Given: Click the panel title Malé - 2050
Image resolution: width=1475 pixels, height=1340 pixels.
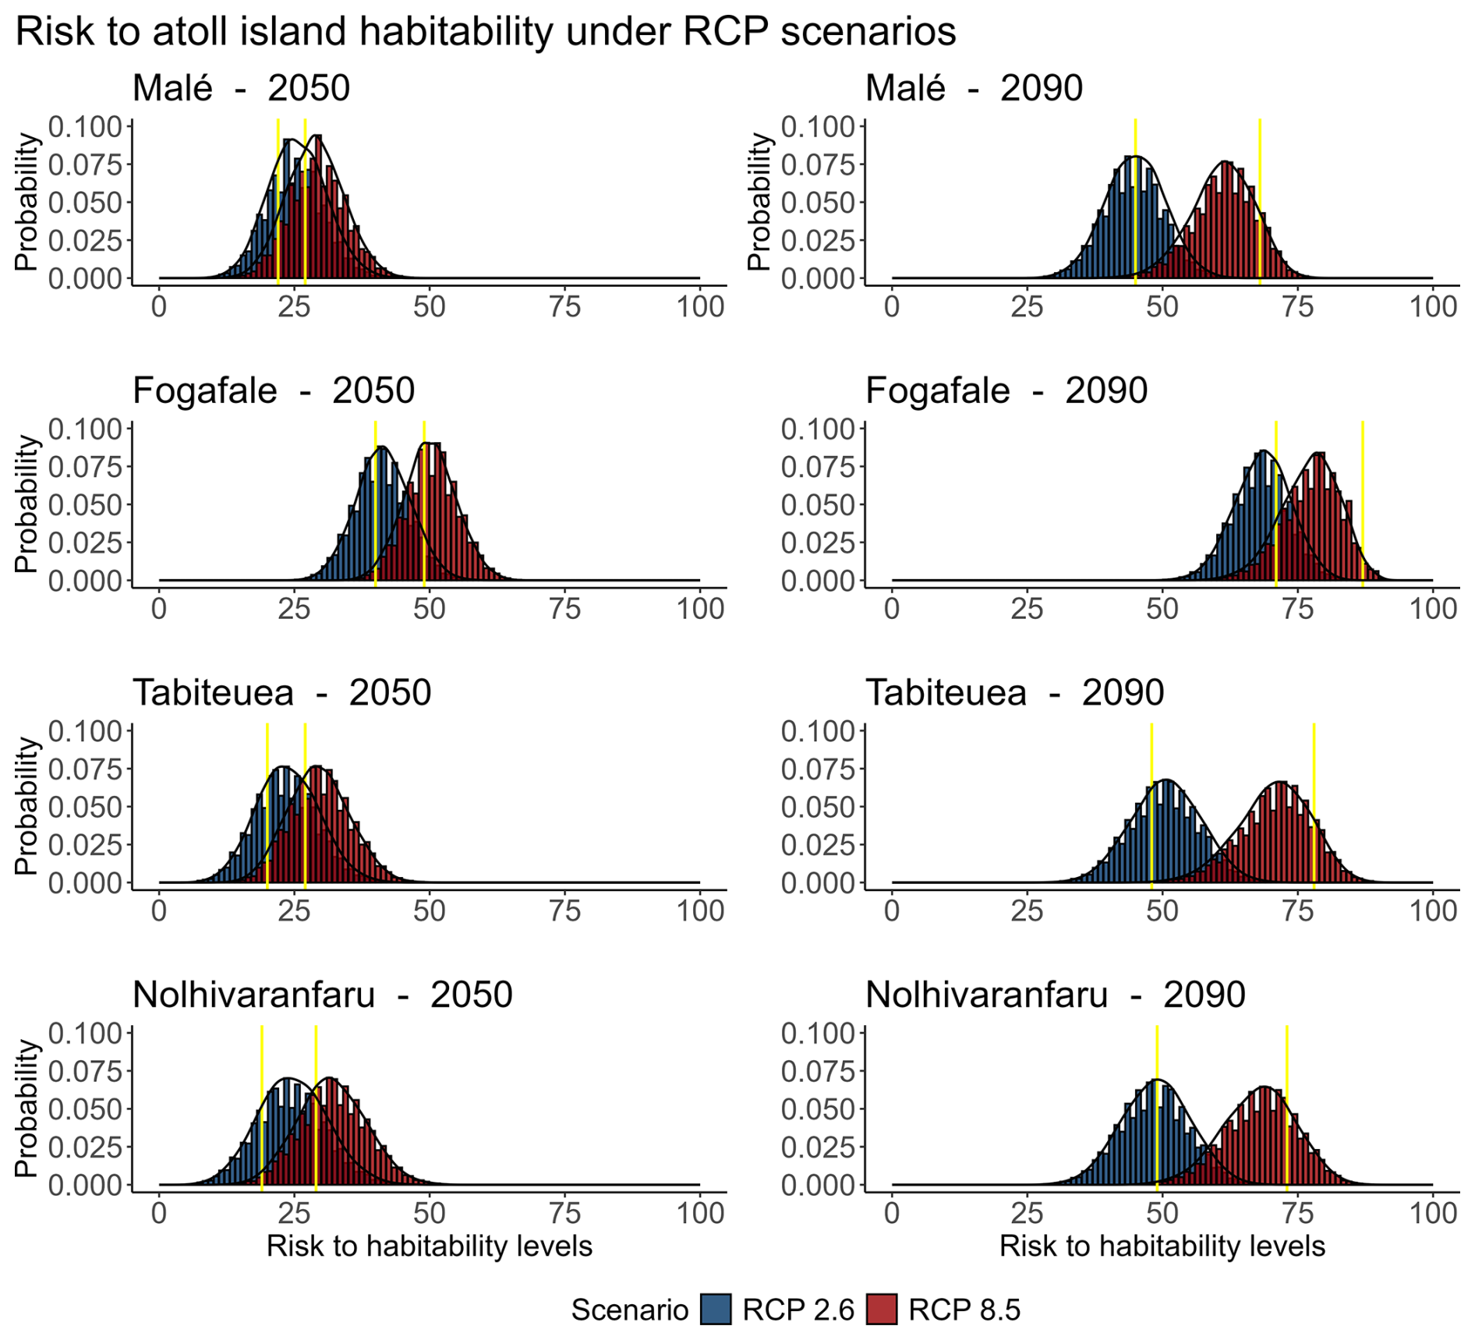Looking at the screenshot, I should point(241,88).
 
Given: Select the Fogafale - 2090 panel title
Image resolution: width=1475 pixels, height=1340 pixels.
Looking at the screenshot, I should point(1006,391).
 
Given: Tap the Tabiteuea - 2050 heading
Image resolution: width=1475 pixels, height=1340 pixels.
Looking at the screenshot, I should point(281,692).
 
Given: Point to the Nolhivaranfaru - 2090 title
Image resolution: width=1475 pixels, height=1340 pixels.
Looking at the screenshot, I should point(1055,995).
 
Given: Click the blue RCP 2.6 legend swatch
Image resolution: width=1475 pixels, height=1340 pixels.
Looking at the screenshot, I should point(716,1310).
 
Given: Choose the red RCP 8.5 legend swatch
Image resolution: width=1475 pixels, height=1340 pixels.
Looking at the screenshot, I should point(882,1310).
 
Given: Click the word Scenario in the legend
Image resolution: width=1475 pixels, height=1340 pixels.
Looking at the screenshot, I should point(629,1310).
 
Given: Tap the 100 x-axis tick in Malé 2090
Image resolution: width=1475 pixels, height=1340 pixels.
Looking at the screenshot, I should point(1433,307).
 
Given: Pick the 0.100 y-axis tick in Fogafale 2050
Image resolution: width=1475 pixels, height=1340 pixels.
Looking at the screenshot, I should point(86,429).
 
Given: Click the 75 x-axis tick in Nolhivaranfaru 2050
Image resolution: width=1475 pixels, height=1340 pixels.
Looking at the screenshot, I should point(564,1214).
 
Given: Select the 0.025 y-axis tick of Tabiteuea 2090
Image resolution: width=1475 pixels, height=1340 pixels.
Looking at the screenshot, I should point(819,845).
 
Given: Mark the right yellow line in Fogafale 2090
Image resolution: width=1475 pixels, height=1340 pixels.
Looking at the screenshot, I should point(1363,503).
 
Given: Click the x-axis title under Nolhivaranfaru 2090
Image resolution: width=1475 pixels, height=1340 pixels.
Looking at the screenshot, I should point(1162,1246).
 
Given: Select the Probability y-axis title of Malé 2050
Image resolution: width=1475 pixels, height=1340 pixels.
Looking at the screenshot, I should point(27,202).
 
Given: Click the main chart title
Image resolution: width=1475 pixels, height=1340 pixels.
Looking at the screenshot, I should point(485,32).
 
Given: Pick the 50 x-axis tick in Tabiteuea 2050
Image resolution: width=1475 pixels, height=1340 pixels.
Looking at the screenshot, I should point(430,911).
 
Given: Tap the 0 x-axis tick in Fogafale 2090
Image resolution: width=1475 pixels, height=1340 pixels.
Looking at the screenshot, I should point(892,609).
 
